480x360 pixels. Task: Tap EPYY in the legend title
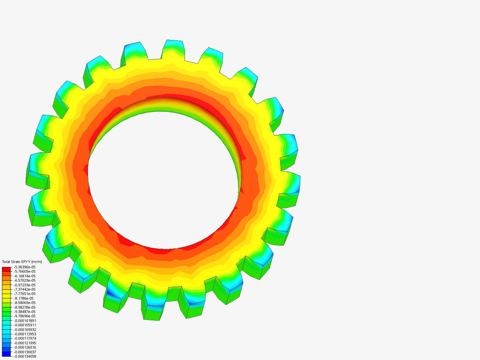[x=26, y=262]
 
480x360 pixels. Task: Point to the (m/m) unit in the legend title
[x=37, y=262]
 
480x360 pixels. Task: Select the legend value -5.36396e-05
[x=25, y=267]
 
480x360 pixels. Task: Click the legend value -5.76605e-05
[x=25, y=272]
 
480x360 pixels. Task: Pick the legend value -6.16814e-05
[x=25, y=276]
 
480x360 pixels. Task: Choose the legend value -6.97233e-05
[x=25, y=285]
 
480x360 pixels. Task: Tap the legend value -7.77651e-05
[x=25, y=294]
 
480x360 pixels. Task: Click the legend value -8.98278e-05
[x=25, y=307]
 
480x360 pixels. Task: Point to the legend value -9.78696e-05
[x=25, y=316]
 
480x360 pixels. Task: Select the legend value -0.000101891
[x=25, y=321]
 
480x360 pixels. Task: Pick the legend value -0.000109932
[x=25, y=330]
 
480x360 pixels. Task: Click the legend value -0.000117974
[x=25, y=339]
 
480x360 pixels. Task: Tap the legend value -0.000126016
[x=25, y=348]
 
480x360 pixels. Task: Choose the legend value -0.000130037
[x=25, y=352]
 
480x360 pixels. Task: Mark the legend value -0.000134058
[x=25, y=356]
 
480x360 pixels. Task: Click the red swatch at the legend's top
[x=6, y=269]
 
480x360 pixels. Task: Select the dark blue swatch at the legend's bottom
[x=6, y=354]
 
